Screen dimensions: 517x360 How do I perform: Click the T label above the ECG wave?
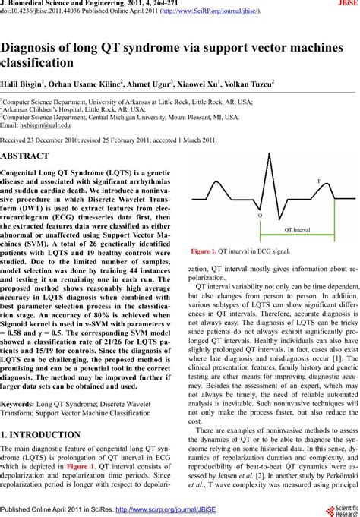coord(318,183)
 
